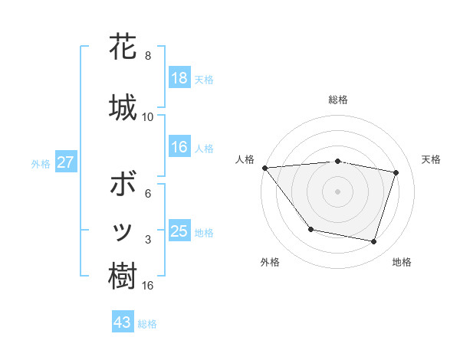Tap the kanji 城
123,106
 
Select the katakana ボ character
123,186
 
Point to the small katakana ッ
123,231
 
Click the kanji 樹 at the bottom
123,276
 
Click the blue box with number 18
179,77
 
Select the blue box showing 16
179,147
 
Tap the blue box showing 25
179,231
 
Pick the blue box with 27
65,162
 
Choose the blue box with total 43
123,323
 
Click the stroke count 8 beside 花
148,56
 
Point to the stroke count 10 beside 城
148,117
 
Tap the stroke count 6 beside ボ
148,195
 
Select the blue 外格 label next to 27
41,163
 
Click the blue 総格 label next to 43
147,324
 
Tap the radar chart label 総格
338,100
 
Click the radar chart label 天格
432,159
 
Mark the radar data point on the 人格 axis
264,168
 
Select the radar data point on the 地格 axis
374,242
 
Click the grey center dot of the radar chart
338,191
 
